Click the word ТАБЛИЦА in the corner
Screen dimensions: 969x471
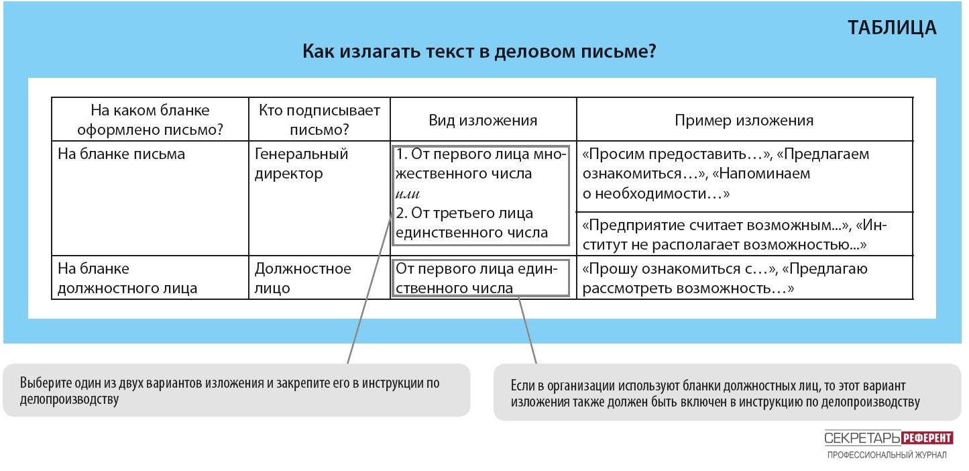point(892,28)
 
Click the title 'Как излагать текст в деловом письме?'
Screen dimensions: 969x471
point(479,51)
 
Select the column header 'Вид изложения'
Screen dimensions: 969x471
point(483,120)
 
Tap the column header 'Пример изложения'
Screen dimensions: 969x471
point(744,120)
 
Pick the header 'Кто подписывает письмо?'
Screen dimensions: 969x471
point(319,119)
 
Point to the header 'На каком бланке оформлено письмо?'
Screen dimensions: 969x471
point(150,119)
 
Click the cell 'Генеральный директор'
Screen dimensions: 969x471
point(301,164)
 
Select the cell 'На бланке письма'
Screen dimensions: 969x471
point(121,154)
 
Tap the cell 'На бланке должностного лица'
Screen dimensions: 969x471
point(127,278)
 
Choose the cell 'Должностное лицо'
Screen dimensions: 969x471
point(302,278)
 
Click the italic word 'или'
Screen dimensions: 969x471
point(408,193)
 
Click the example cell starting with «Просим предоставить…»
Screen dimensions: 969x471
point(726,173)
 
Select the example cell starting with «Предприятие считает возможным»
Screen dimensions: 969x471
point(734,235)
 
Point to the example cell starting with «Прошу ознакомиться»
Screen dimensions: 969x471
point(725,278)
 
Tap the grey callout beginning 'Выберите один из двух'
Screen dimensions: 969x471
point(236,390)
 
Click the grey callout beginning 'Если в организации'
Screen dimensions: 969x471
point(727,392)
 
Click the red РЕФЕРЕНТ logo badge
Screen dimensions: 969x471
point(927,437)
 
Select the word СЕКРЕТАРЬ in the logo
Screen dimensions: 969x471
point(862,438)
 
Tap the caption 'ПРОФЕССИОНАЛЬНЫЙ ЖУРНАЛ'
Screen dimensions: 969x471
point(887,455)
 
